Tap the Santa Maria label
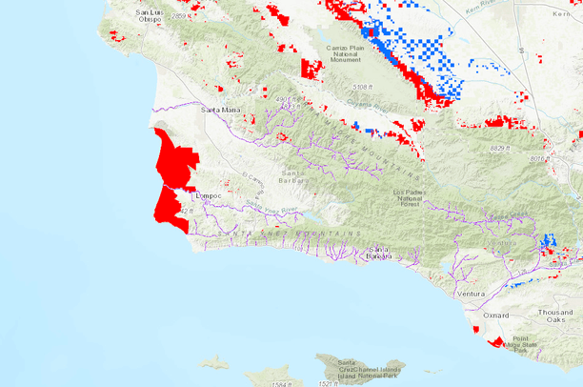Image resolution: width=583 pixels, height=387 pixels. (219, 110)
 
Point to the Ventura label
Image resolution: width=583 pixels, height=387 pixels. (471, 295)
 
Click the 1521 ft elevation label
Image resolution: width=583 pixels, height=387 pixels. (329, 383)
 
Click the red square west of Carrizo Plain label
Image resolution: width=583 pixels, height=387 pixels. (312, 69)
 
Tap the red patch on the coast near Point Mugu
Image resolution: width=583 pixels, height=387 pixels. (495, 340)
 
